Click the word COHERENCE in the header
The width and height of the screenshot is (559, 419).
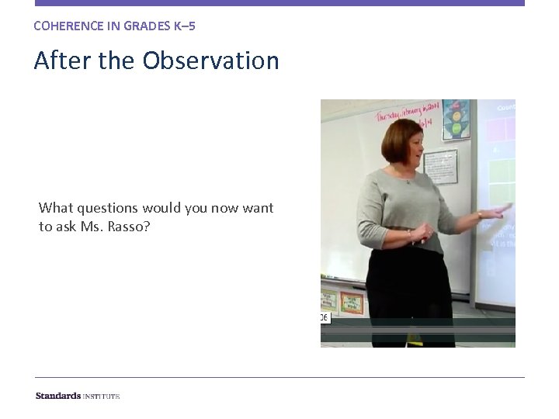click(x=66, y=26)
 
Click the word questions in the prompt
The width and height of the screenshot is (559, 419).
click(x=106, y=208)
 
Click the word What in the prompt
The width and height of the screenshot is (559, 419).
click(x=54, y=208)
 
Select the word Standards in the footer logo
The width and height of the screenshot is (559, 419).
click(x=58, y=396)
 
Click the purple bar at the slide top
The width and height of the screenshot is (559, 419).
click(x=279, y=3)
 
